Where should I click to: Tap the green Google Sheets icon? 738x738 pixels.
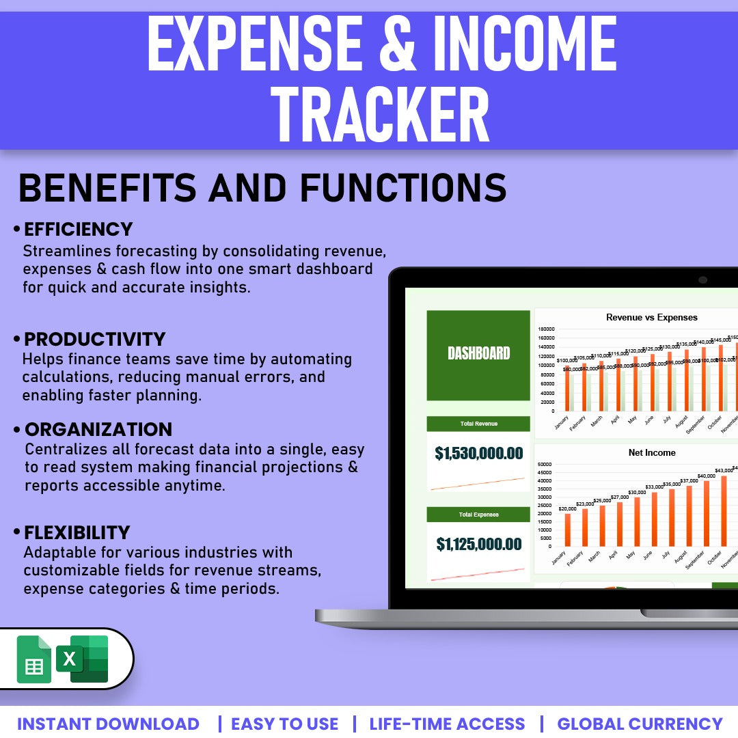click(33, 659)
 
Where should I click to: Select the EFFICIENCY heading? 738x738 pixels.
click(79, 229)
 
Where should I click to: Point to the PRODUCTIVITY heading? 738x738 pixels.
click(95, 339)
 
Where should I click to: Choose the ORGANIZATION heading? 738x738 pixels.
click(98, 429)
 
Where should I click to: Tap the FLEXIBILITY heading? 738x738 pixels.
click(77, 532)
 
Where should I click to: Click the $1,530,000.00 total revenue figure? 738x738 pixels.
click(478, 453)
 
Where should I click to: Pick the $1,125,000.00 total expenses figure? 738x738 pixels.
click(478, 544)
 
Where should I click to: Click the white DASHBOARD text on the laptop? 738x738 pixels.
click(478, 353)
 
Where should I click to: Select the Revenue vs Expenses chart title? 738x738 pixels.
click(652, 317)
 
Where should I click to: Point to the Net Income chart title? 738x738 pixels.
click(652, 452)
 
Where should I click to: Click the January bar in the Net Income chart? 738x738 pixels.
click(568, 530)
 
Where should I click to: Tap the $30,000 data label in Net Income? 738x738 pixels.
click(637, 492)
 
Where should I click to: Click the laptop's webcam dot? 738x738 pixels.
click(702, 279)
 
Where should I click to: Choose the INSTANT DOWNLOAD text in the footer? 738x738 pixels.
click(108, 724)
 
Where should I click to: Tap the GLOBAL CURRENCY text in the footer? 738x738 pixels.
click(640, 724)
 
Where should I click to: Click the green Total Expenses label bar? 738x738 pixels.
click(478, 515)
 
